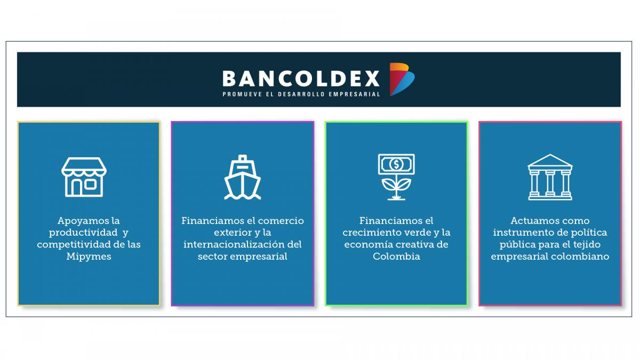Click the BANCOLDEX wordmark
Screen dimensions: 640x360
[301, 78]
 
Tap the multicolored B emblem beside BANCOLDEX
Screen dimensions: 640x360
[402, 79]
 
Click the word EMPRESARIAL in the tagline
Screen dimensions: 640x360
[354, 94]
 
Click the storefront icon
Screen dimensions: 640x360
[84, 177]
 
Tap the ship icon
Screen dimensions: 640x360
[242, 177]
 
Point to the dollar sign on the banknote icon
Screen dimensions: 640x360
[396, 164]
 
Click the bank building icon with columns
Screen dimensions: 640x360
[550, 177]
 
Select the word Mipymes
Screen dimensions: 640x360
[89, 257]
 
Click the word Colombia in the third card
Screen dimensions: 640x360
[396, 257]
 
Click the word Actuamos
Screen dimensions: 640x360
[533, 221]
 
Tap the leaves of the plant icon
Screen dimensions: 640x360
[396, 185]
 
